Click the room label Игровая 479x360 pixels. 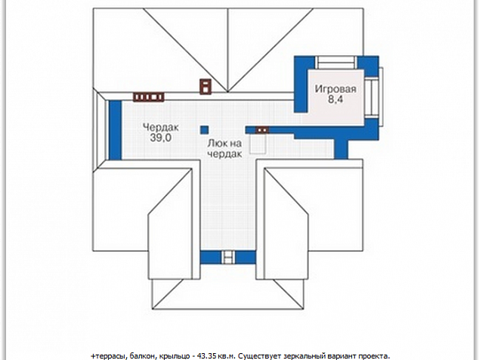(x=335, y=89)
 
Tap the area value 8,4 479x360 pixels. (x=335, y=99)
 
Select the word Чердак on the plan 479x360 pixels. (x=161, y=127)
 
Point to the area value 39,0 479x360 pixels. (x=161, y=138)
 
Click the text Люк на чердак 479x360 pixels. (x=224, y=148)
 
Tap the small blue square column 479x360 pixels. (x=205, y=130)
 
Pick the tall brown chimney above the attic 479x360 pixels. (x=206, y=86)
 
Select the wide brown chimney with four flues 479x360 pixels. (x=149, y=97)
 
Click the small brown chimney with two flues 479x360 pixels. (x=262, y=130)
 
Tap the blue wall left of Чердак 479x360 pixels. (x=116, y=130)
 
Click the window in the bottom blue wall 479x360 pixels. (x=228, y=257)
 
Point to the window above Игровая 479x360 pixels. (x=336, y=63)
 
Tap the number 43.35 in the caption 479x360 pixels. (x=208, y=356)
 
